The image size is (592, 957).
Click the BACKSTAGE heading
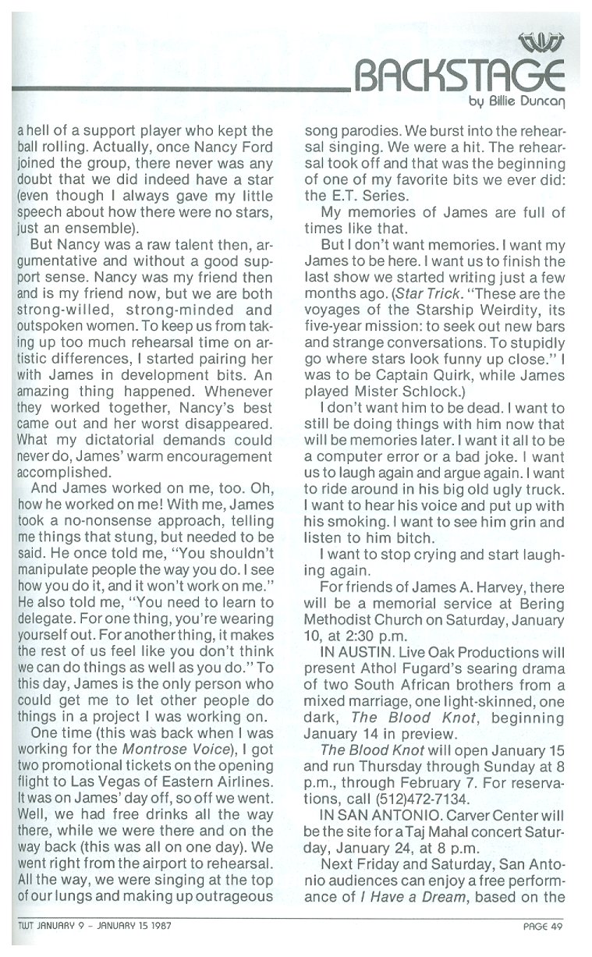[459, 78]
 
